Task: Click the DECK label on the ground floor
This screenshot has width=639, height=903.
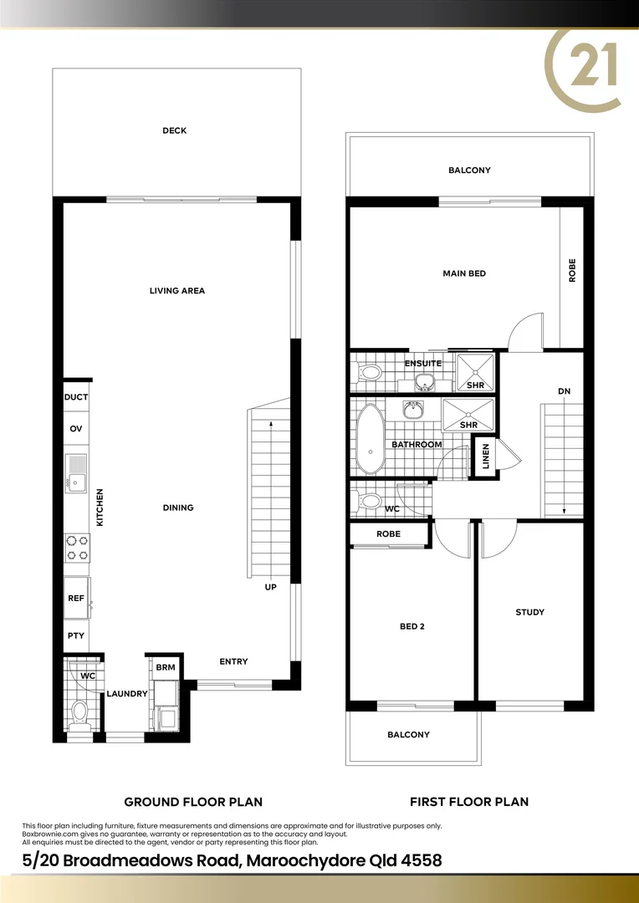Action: click(175, 130)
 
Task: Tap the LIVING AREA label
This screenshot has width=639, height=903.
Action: click(177, 291)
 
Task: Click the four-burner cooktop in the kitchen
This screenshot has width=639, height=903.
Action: click(77, 548)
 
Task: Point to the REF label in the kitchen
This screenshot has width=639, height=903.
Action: click(75, 599)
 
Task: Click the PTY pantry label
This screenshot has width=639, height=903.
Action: click(75, 635)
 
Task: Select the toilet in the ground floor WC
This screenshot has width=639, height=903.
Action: click(80, 713)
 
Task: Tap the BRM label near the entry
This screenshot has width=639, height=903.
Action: click(165, 667)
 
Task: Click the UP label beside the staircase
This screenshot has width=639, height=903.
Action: click(270, 587)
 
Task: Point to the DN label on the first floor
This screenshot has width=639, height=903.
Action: click(564, 391)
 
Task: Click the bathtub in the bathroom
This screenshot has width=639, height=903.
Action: click(368, 438)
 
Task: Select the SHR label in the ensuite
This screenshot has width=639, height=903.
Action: click(475, 385)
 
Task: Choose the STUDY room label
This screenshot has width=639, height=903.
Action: click(529, 612)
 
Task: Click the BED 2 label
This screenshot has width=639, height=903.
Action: click(412, 625)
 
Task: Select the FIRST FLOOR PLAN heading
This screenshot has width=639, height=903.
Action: click(468, 802)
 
